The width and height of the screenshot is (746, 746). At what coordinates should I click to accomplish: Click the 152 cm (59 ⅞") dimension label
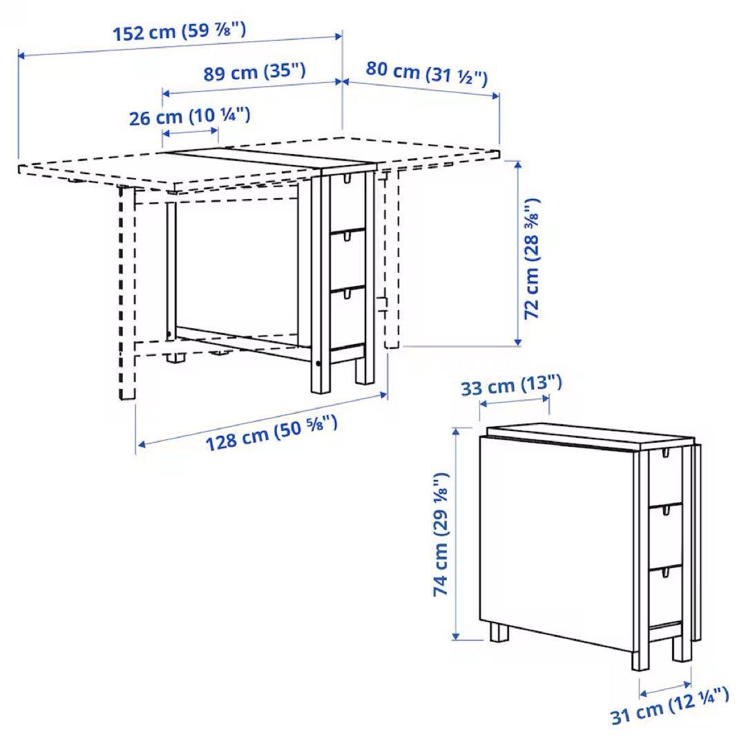(x=178, y=32)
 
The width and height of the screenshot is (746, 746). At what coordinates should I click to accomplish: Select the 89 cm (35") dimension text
(x=255, y=73)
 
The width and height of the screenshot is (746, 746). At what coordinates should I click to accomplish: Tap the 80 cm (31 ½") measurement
(x=426, y=73)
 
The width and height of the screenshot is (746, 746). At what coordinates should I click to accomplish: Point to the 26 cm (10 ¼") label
(x=189, y=117)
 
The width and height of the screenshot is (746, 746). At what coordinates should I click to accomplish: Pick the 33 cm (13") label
(x=512, y=385)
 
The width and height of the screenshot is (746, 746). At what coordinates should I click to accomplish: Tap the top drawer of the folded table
(x=665, y=477)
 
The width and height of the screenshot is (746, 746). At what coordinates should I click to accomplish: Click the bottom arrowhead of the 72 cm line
(x=517, y=341)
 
